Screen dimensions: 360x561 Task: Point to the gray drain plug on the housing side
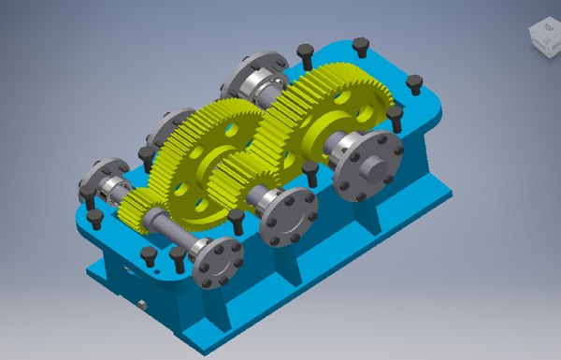[141, 304]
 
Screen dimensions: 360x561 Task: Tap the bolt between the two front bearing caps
[237, 221]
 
